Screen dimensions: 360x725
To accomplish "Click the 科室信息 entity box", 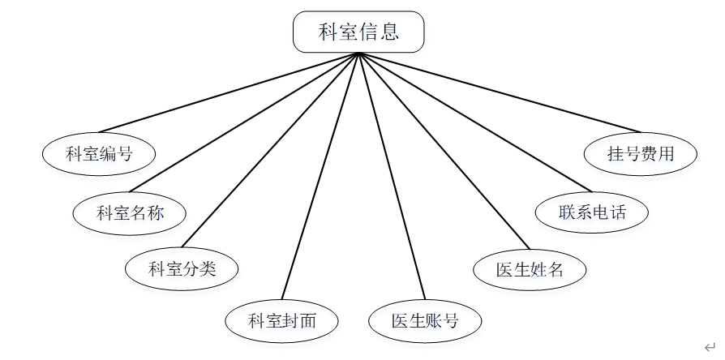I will click(358, 32).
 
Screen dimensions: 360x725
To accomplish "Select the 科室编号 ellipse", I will click(99, 153).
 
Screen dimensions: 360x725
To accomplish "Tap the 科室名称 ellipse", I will click(130, 213).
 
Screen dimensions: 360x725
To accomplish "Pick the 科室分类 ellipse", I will click(182, 268).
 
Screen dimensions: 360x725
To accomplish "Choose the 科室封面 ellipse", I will click(281, 321).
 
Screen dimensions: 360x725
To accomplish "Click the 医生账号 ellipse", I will click(425, 321).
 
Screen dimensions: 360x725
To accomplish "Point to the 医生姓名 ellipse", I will click(530, 269).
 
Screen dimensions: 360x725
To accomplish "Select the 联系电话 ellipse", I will click(593, 212).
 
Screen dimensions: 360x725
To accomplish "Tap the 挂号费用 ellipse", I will click(641, 153).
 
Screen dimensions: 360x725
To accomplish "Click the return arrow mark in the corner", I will click(710, 346).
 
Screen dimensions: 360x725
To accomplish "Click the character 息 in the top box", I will click(389, 32).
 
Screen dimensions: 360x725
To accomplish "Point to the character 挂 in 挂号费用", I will click(616, 153).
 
